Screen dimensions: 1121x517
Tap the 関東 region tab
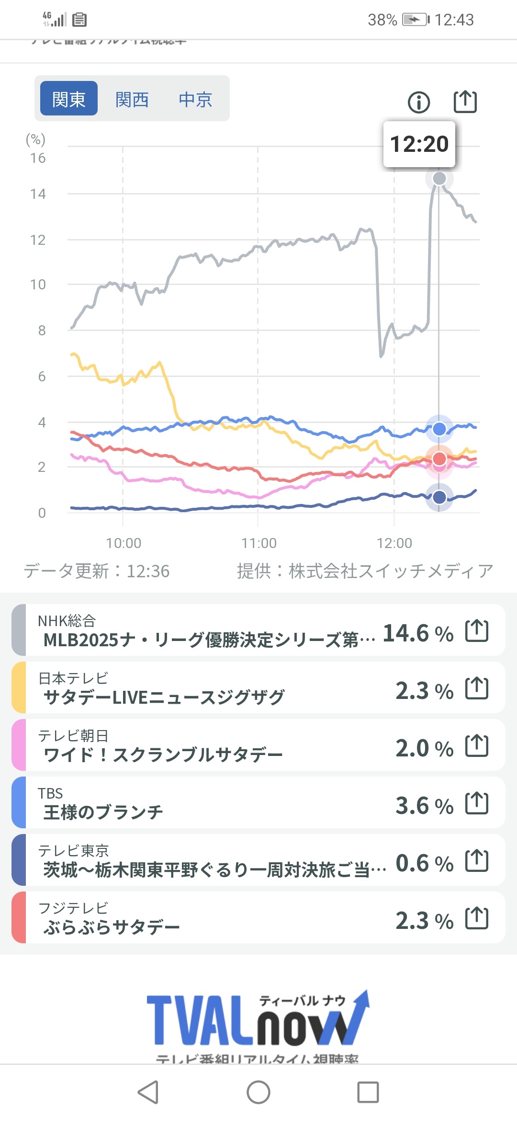click(69, 99)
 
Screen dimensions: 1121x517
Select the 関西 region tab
click(132, 99)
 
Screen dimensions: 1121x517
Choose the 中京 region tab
click(195, 99)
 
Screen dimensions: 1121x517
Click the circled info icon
click(419, 102)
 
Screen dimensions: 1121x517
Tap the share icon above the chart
click(465, 102)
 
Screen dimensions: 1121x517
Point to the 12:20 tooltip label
click(419, 144)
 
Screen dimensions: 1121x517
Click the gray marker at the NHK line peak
click(439, 179)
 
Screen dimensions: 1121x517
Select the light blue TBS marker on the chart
click(439, 429)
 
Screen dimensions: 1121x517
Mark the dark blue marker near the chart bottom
click(439, 497)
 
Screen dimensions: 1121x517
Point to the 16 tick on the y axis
click(38, 158)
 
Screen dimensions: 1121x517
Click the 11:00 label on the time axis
click(258, 543)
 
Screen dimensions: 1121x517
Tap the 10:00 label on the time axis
click(124, 543)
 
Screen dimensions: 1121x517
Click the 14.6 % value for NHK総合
click(418, 633)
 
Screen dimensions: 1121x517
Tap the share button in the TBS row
click(477, 803)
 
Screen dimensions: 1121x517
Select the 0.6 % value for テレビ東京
click(424, 863)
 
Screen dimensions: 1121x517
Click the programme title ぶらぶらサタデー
click(112, 927)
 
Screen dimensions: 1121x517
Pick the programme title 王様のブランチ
click(103, 812)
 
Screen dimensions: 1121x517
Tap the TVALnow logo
click(258, 1018)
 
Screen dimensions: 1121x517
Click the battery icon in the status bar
click(415, 20)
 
